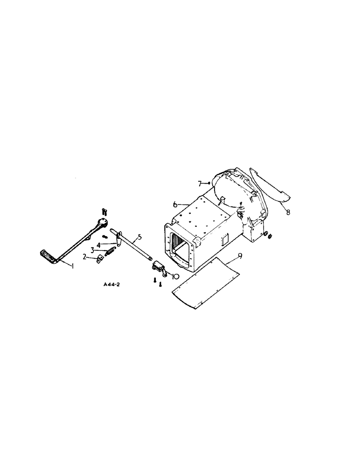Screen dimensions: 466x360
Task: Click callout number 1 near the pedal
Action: coord(72,266)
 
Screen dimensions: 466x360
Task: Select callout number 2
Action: coord(85,257)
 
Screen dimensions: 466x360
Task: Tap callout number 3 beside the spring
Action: coord(93,250)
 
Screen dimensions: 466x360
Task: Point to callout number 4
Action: coord(99,245)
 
